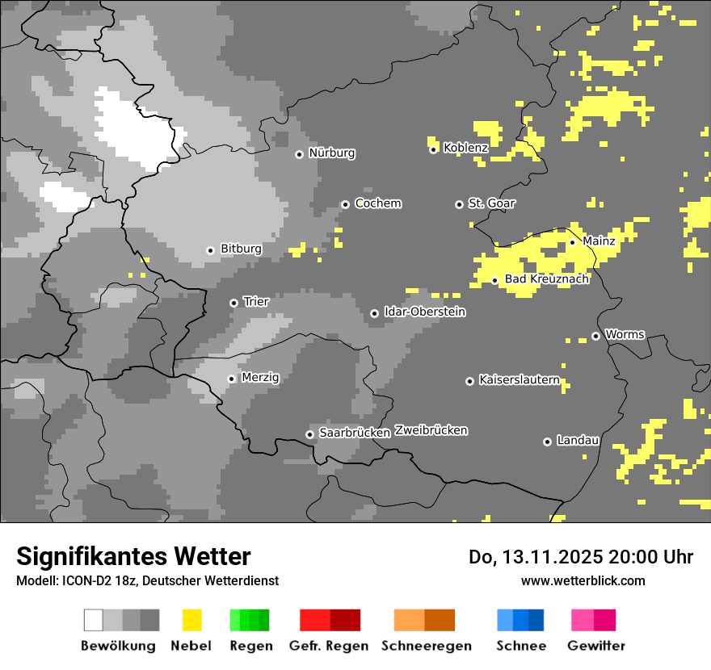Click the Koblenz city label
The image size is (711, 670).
point(465,148)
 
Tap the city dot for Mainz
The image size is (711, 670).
point(572,242)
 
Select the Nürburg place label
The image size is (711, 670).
point(331,153)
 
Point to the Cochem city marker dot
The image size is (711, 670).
point(345,204)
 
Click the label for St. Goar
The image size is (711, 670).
point(491,203)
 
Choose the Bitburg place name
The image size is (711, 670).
point(241,249)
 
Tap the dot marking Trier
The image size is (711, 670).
point(233,303)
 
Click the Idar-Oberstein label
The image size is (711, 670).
point(424,312)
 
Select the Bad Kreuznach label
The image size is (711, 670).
point(546,279)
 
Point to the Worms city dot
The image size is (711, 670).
point(595,336)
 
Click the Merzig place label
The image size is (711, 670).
point(260,377)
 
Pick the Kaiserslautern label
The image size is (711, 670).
point(519,379)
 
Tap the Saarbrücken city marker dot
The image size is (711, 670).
point(309,434)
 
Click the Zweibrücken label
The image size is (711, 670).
point(431,430)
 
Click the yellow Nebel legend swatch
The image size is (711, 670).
point(191,620)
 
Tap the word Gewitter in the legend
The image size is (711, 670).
point(595,646)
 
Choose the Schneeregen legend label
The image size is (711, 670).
point(426,646)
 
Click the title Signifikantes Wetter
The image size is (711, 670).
point(133,556)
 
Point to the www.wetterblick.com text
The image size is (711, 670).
point(583,580)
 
